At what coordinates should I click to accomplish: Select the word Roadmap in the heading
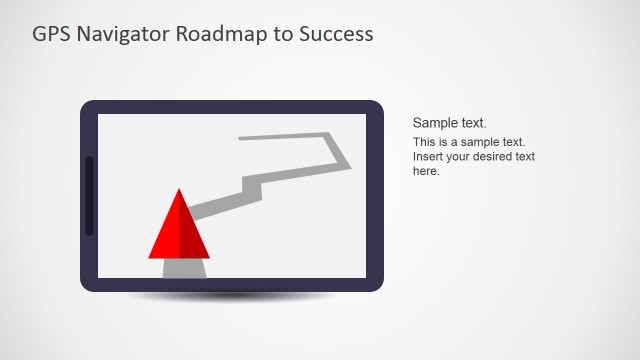click(221, 34)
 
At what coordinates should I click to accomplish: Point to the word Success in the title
click(337, 34)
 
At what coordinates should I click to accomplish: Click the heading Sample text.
click(449, 123)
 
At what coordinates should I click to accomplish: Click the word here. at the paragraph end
click(426, 171)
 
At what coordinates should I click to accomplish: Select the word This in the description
click(425, 143)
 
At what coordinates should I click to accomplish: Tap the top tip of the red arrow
click(179, 190)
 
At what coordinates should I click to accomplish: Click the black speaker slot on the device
click(89, 196)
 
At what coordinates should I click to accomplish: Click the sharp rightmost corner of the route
click(350, 167)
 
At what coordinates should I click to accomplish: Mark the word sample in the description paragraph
click(483, 143)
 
